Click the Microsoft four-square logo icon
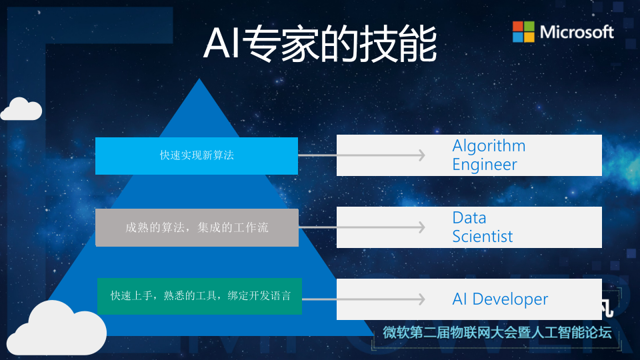[523, 31]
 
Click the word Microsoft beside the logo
[577, 31]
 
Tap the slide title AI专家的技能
[320, 45]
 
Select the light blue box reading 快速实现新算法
[197, 155]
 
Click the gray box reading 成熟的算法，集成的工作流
[197, 227]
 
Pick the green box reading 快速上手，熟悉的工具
[200, 296]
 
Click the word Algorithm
[489, 146]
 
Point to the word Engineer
[485, 165]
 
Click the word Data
[469, 217]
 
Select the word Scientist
[483, 236]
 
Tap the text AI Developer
[500, 299]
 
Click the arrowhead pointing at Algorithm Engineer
[420, 155]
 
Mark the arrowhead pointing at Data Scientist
[420, 227]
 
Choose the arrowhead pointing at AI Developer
[420, 299]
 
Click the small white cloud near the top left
[21, 110]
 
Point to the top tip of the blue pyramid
[198, 80]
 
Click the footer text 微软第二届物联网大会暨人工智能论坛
[497, 333]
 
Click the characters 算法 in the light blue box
[223, 155]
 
